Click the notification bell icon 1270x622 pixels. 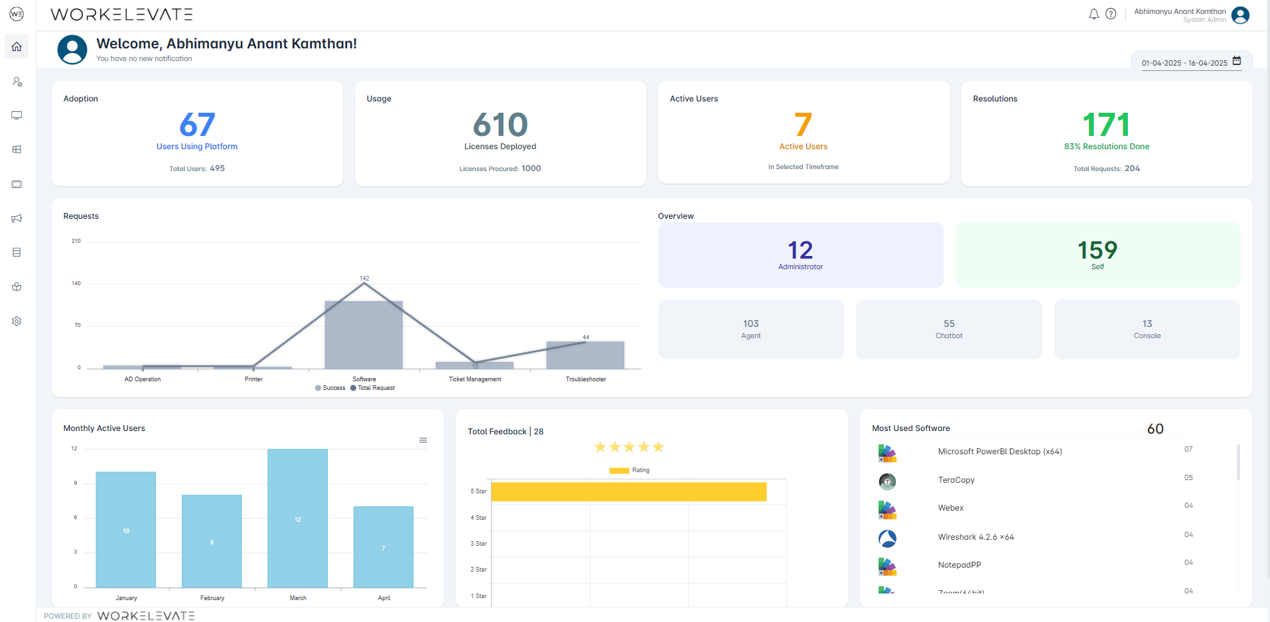pyautogui.click(x=1094, y=14)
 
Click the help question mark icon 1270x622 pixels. pyautogui.click(x=1111, y=14)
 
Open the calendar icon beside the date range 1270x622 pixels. pyautogui.click(x=1237, y=61)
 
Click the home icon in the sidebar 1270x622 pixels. pyautogui.click(x=17, y=46)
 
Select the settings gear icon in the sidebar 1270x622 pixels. pyautogui.click(x=17, y=321)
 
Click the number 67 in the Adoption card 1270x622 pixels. pyautogui.click(x=197, y=125)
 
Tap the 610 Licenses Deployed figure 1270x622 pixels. pyautogui.click(x=500, y=125)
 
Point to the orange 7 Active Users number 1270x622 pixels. pyautogui.click(x=803, y=125)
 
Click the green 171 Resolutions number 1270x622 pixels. pyautogui.click(x=1106, y=125)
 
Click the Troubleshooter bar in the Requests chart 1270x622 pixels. pyautogui.click(x=585, y=355)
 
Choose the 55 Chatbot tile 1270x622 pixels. pyautogui.click(x=949, y=329)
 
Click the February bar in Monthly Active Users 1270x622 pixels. pyautogui.click(x=212, y=541)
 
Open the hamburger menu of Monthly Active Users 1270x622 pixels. pyautogui.click(x=423, y=440)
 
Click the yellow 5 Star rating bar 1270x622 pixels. pyautogui.click(x=628, y=491)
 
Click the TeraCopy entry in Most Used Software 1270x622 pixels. pyautogui.click(x=956, y=480)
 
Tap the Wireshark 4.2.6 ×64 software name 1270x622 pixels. pyautogui.click(x=975, y=537)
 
